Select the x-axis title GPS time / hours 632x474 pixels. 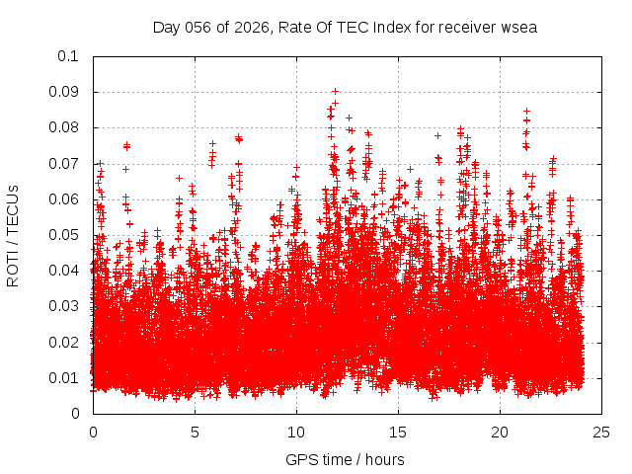point(345,459)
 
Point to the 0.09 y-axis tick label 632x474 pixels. point(65,92)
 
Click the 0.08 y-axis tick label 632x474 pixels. point(65,127)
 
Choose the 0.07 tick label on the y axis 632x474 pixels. point(65,163)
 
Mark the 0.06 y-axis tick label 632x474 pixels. point(65,198)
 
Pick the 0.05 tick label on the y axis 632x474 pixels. point(65,235)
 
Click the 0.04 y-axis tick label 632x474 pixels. point(65,271)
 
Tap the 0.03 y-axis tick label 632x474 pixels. point(65,306)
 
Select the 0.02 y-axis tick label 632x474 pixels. point(65,342)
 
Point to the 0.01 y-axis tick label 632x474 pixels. point(65,377)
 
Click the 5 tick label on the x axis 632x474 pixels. point(195,432)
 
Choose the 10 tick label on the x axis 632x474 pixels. point(296,432)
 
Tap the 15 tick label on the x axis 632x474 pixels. point(398,432)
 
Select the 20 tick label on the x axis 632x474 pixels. point(500,432)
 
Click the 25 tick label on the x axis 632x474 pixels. point(601,432)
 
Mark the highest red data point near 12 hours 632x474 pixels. point(335,91)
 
